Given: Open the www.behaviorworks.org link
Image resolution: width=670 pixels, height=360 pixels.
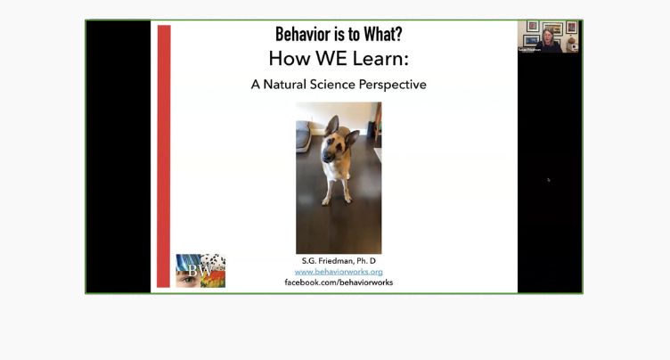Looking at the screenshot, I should point(339,271).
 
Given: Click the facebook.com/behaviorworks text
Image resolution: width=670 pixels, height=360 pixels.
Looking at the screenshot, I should point(339,282).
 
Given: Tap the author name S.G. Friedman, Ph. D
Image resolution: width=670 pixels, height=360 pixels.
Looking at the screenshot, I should point(339,260).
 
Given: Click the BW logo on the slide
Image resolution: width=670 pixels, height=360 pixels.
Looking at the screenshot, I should point(200,270).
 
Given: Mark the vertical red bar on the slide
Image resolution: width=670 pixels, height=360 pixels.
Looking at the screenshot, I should point(163,156).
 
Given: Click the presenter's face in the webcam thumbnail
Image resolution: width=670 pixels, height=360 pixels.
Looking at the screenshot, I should point(548,37).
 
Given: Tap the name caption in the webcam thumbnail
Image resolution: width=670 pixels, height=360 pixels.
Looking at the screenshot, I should point(528,50).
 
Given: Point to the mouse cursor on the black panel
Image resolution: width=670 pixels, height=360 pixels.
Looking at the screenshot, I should point(548,179).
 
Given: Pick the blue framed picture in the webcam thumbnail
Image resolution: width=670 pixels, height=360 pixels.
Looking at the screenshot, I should point(532,39).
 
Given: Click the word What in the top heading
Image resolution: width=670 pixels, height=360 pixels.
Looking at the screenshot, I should point(374,34).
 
